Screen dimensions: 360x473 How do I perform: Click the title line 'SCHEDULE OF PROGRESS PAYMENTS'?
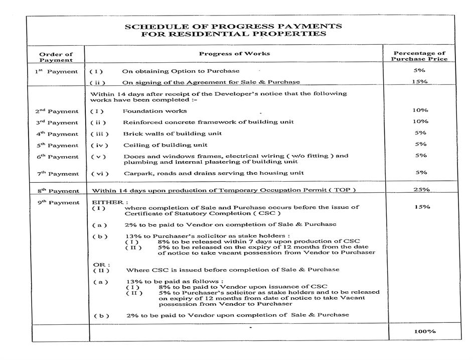(x=233, y=26)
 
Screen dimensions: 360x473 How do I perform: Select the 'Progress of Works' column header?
(x=234, y=53)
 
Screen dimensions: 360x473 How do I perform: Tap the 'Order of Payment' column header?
(x=56, y=57)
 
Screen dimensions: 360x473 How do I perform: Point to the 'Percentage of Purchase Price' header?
(x=419, y=56)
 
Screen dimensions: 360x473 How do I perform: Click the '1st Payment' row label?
(x=56, y=71)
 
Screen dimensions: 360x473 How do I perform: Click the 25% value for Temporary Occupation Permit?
(x=420, y=190)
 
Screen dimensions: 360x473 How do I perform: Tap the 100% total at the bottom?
(x=425, y=331)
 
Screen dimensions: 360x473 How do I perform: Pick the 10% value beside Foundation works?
(x=420, y=110)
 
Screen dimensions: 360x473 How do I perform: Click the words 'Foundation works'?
(x=155, y=111)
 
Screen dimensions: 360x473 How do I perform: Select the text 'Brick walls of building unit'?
(x=173, y=134)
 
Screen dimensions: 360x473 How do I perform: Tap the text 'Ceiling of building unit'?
(x=165, y=145)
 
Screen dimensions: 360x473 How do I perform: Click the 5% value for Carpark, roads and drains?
(x=421, y=172)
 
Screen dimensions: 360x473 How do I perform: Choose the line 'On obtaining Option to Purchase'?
(x=181, y=71)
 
